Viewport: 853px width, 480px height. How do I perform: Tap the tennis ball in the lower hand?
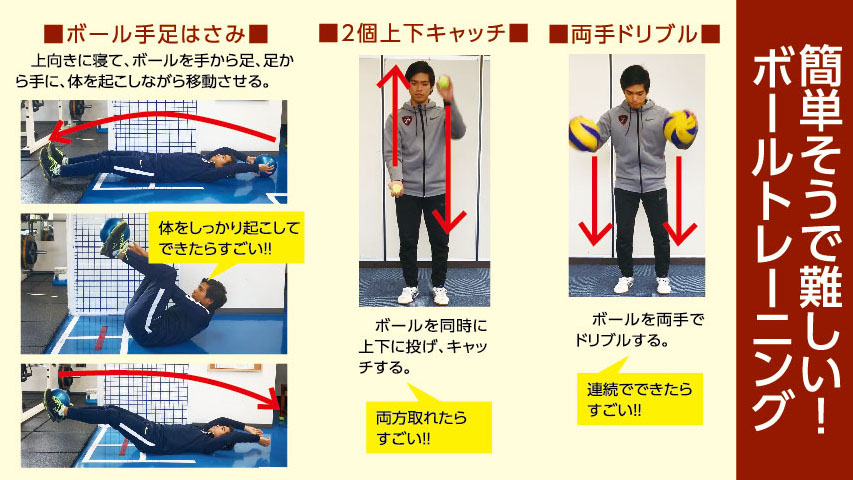point(397,186)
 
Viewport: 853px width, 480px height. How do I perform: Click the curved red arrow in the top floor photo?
point(160,123)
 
